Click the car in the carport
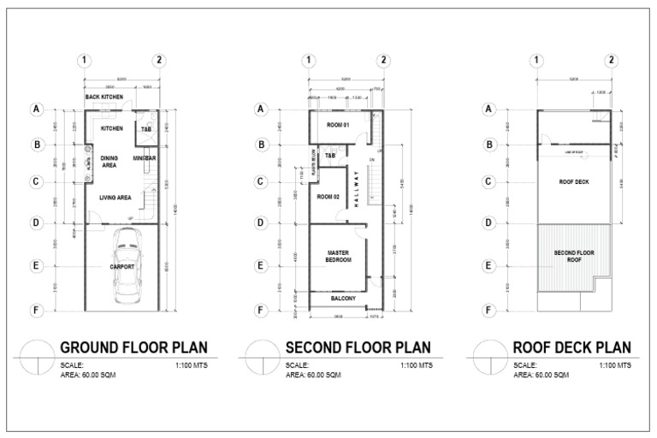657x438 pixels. click(127, 272)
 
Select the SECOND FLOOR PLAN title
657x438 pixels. click(358, 347)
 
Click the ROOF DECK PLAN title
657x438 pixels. click(571, 347)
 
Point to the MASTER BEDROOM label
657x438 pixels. click(340, 257)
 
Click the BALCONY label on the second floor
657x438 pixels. click(343, 299)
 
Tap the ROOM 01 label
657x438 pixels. click(329, 126)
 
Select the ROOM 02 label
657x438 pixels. click(328, 197)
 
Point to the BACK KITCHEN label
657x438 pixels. click(104, 98)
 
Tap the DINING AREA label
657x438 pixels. click(109, 162)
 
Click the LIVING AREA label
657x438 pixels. click(114, 198)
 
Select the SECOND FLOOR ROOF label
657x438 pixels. click(574, 257)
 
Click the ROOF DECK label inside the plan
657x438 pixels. click(573, 182)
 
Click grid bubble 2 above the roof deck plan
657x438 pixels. click(611, 60)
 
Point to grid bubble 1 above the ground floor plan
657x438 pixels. click(84, 60)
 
